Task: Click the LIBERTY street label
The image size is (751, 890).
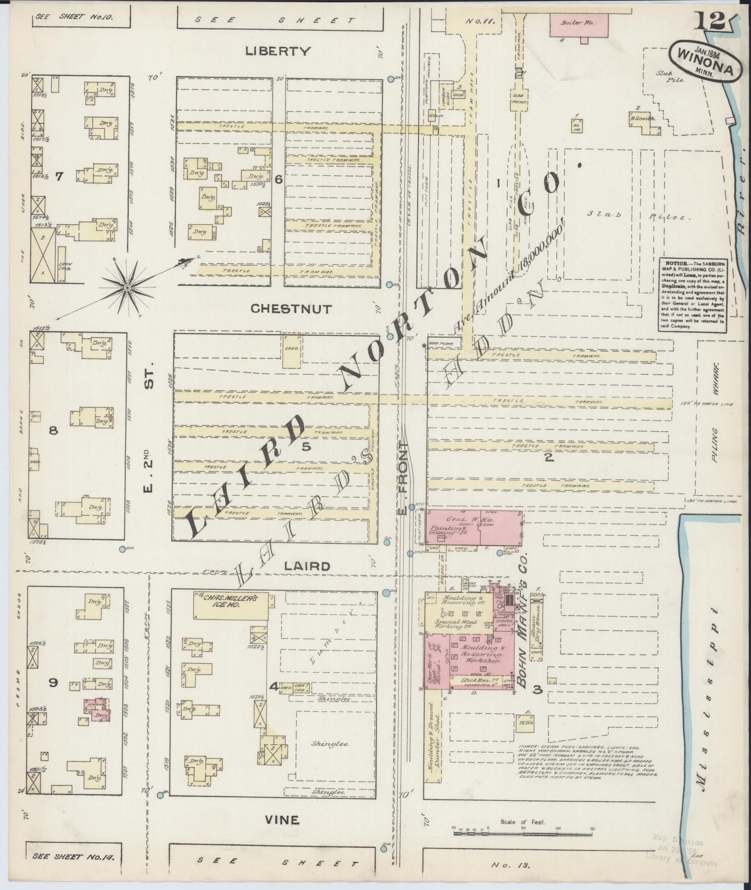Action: (278, 51)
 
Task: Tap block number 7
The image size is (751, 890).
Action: (59, 177)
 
